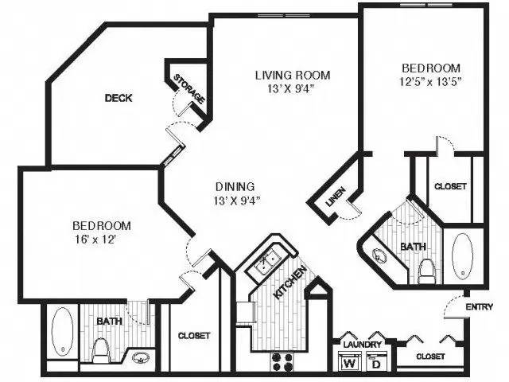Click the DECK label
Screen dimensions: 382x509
(x=118, y=99)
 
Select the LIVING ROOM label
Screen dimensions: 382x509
(x=292, y=76)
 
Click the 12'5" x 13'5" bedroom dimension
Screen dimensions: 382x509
(x=431, y=81)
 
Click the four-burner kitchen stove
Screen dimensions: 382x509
(x=282, y=362)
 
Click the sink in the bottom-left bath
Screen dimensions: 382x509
(x=140, y=359)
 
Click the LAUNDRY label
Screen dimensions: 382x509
(x=363, y=345)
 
